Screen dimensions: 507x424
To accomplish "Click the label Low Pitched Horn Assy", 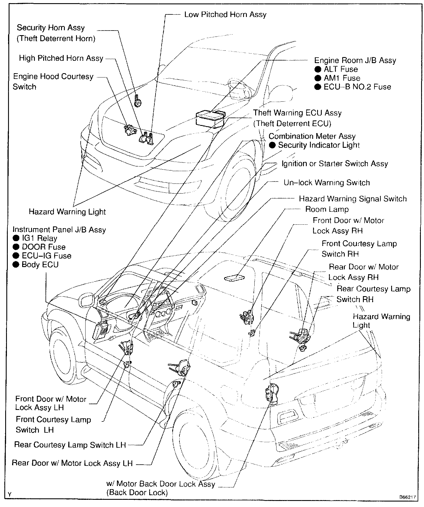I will [x=225, y=14].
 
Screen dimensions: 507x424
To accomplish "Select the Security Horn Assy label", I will [x=51, y=28].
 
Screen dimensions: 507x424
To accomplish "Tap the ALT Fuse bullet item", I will [x=340, y=69].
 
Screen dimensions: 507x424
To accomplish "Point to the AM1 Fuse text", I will [x=342, y=78].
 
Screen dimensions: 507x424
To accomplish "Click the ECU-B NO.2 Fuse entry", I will [x=357, y=87].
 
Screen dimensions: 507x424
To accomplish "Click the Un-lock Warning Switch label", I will [x=327, y=183].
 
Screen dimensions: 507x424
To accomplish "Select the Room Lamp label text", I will [x=327, y=209].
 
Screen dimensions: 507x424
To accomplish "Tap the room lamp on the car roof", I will [x=235, y=278].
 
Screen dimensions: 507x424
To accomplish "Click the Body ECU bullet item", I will [x=40, y=265].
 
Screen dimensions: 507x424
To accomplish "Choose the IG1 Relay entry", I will [x=39, y=239].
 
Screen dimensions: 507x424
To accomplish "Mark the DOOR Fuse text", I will [x=43, y=247].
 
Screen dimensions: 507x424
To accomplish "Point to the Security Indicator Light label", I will [x=319, y=145].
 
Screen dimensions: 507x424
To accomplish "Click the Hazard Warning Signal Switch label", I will [x=353, y=199].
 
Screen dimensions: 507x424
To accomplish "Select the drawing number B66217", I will [x=407, y=497].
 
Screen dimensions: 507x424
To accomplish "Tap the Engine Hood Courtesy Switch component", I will [x=130, y=130].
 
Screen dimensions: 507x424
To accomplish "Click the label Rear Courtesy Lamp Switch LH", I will [x=70, y=445].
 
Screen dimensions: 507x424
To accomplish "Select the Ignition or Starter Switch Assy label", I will [x=335, y=164].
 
